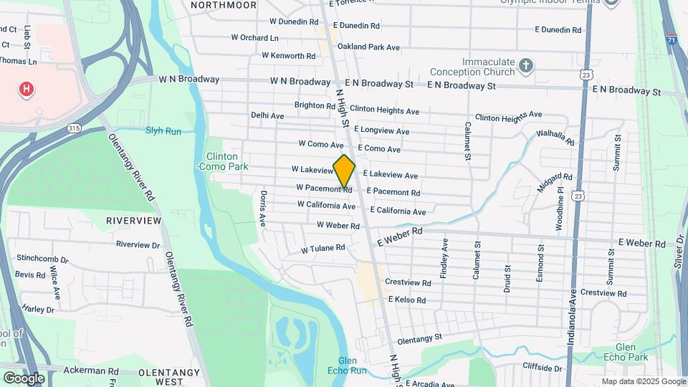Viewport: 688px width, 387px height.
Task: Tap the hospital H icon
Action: coord(27,89)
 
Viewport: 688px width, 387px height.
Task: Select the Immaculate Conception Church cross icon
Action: coord(526,67)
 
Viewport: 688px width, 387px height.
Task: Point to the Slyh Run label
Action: coord(163,130)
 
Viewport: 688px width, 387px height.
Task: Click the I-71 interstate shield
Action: coord(672,41)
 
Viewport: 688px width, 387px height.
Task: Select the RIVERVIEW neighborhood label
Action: coord(133,220)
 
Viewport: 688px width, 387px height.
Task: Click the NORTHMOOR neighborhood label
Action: coord(223,5)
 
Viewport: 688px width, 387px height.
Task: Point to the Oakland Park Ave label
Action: coord(368,47)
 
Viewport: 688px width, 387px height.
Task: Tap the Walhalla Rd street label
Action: coord(555,137)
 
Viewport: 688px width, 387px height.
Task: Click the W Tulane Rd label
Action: coord(322,249)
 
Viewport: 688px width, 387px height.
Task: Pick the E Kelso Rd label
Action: coord(409,299)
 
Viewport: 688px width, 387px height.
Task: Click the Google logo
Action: coord(24,378)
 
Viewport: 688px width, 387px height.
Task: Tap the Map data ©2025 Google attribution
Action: coord(643,381)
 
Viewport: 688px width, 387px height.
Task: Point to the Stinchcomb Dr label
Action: coord(42,259)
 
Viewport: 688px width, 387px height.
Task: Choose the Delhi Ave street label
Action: coord(267,115)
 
